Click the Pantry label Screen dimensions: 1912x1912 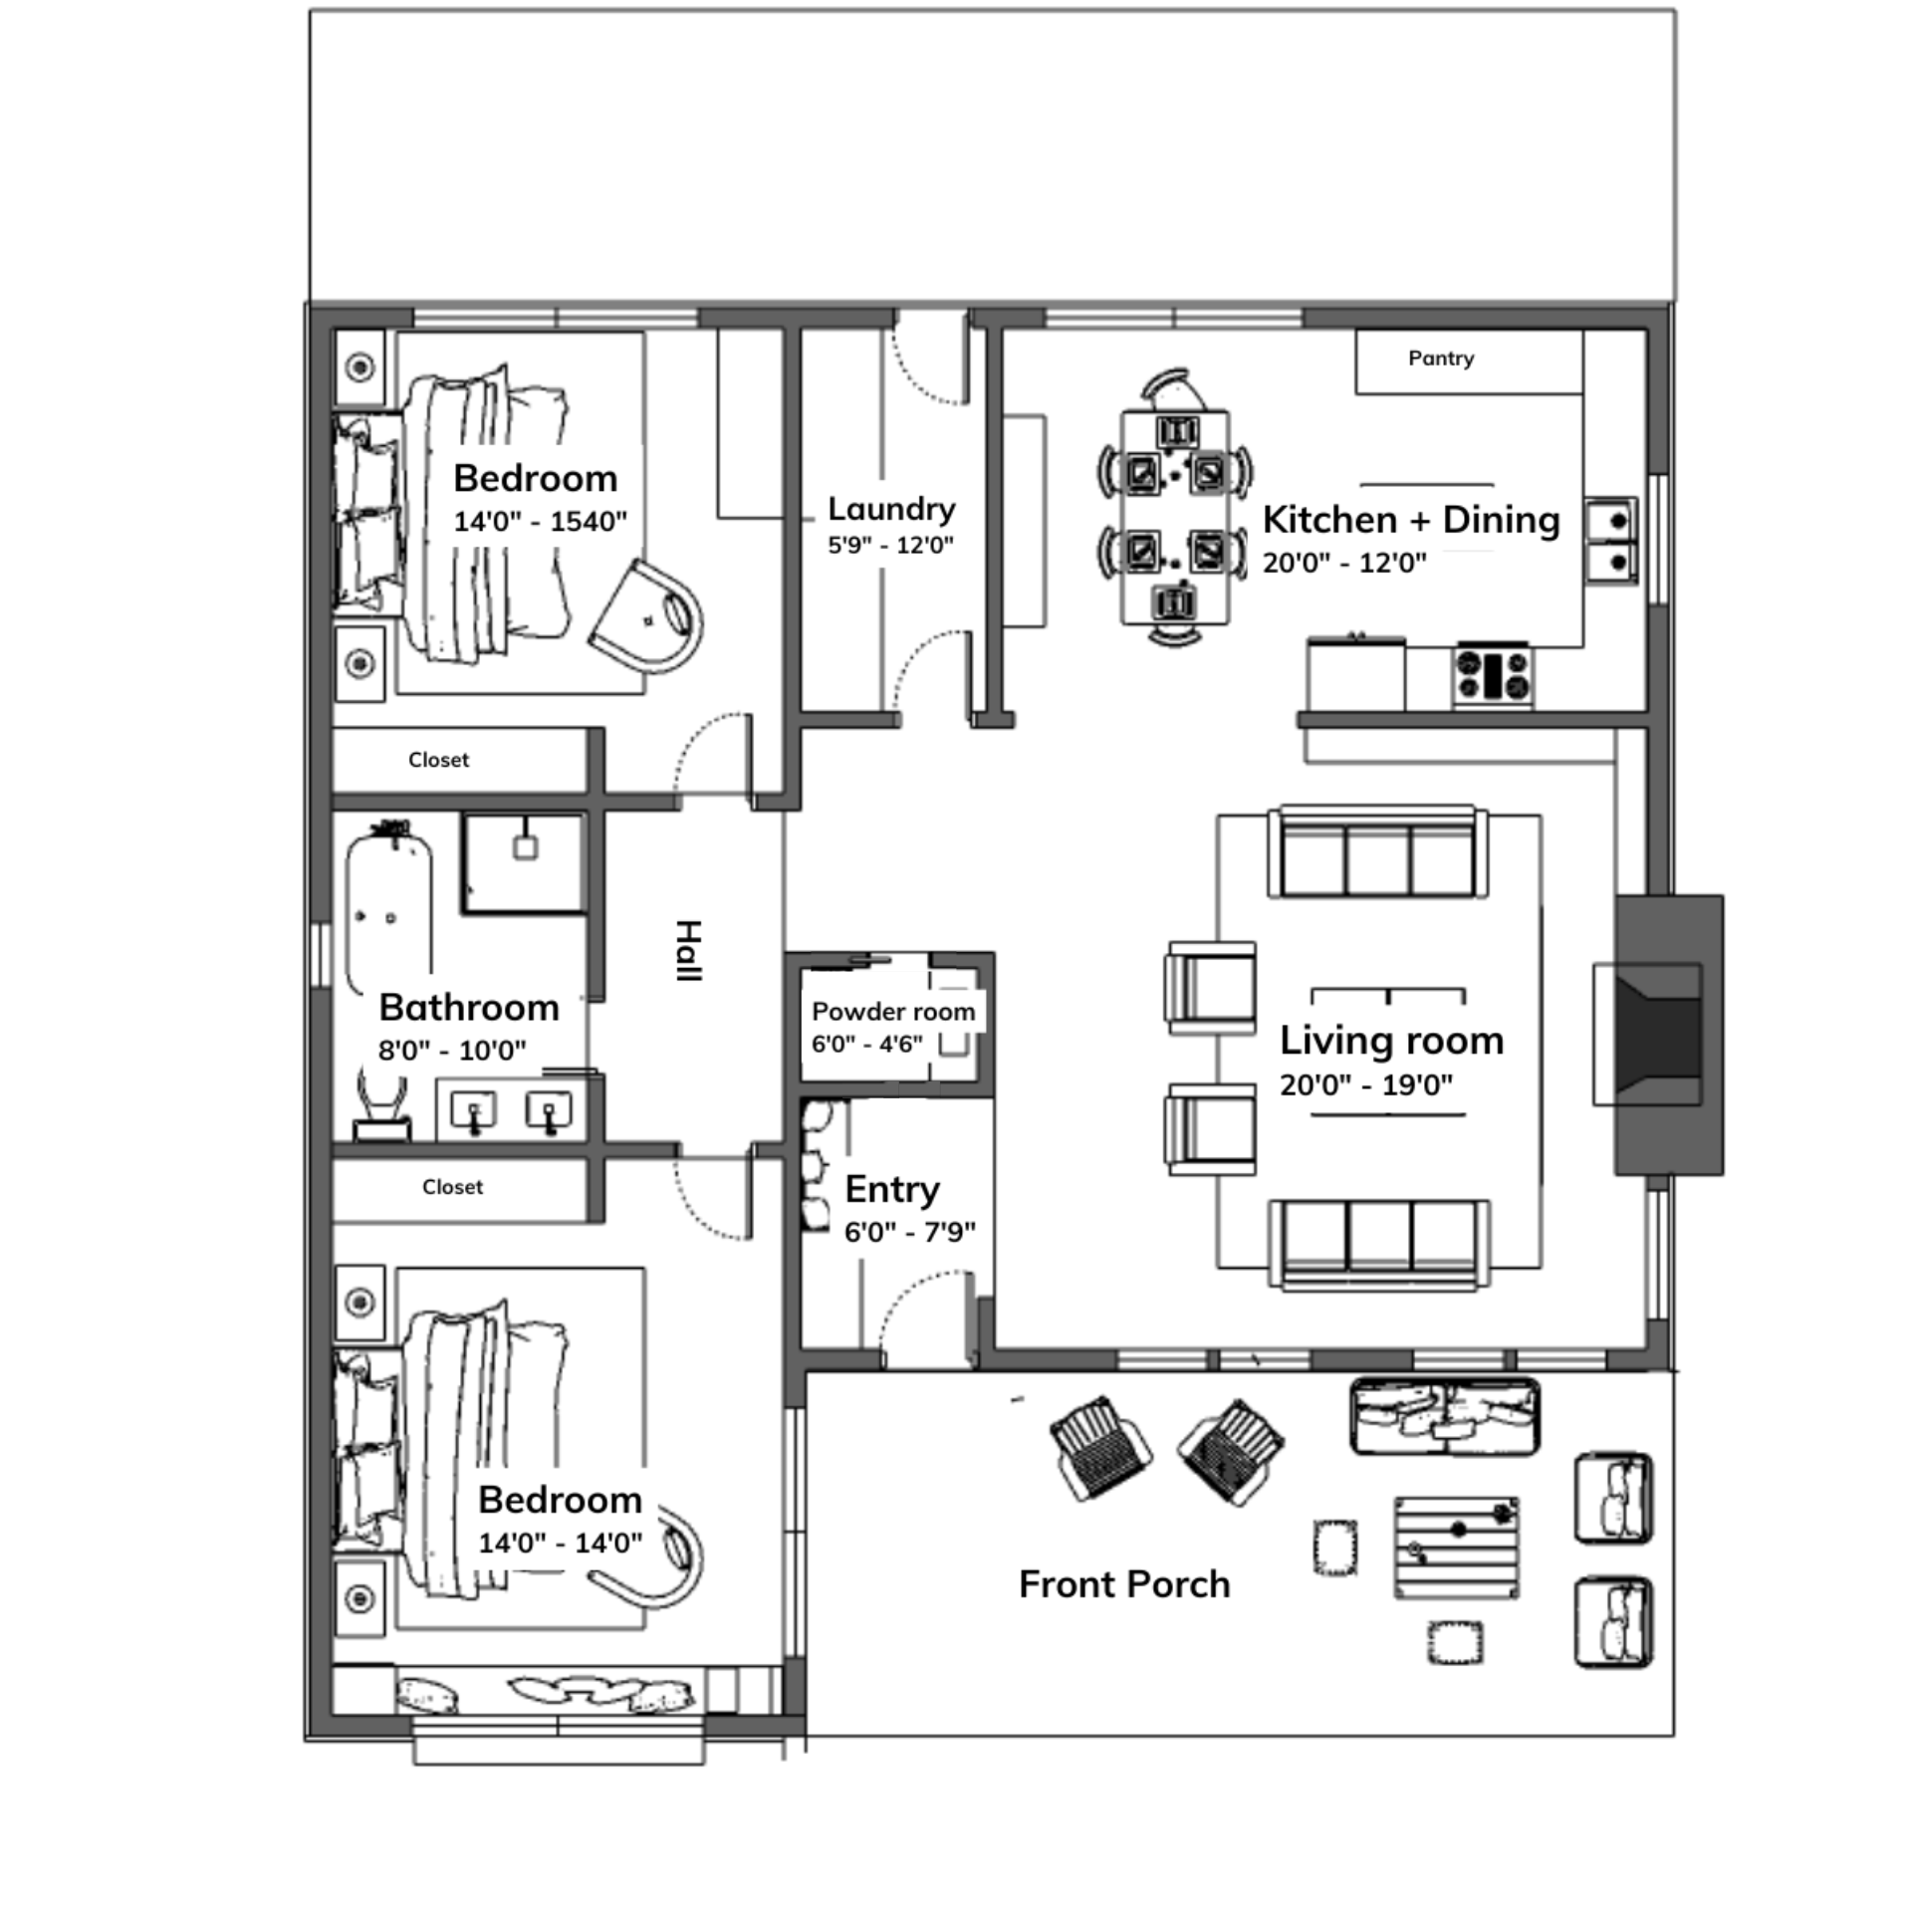[1441, 358]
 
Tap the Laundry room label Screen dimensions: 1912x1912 [891, 509]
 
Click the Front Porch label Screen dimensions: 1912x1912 [1124, 1583]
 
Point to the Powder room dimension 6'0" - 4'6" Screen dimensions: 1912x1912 [867, 1044]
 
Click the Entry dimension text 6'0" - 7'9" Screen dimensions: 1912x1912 [909, 1232]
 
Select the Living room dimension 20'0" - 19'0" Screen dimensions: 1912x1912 [1366, 1084]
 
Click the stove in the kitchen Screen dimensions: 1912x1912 [1492, 674]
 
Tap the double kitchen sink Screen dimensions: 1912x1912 [1610, 541]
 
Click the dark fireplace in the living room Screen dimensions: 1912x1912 [1669, 1035]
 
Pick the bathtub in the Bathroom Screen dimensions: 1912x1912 [389, 903]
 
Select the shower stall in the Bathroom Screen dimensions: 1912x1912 [523, 863]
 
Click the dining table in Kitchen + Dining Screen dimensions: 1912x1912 [1175, 518]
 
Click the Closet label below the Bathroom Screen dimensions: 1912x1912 [452, 1187]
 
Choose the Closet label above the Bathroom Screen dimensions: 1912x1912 [438, 760]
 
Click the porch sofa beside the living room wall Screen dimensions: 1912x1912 [1445, 1416]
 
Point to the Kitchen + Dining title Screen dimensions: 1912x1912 [1411, 520]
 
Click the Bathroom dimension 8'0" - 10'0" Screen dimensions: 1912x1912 [452, 1050]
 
